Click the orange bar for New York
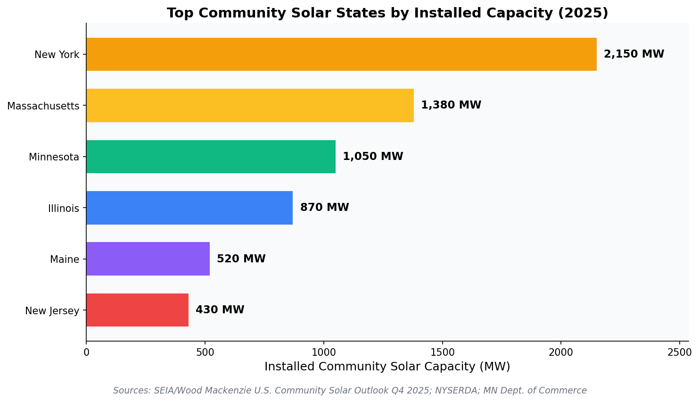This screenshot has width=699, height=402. click(x=341, y=54)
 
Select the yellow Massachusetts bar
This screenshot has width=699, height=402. click(x=250, y=105)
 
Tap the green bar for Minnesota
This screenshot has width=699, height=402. click(x=211, y=157)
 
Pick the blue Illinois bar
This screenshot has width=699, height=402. click(x=189, y=208)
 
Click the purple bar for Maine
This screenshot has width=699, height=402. click(x=148, y=259)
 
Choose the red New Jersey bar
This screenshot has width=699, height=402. click(x=137, y=310)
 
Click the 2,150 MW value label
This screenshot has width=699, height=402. click(x=633, y=54)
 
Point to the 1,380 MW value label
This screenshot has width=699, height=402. click(x=451, y=105)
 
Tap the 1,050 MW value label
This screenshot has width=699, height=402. click(x=372, y=157)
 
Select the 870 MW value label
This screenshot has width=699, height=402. click(x=324, y=208)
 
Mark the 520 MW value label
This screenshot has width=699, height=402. click(x=241, y=259)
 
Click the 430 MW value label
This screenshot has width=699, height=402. click(x=220, y=310)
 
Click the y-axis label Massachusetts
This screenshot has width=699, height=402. click(x=43, y=106)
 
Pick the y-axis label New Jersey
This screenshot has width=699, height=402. click(x=52, y=311)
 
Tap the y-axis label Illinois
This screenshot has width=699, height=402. click(x=64, y=209)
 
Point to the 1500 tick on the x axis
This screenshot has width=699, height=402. click(x=442, y=352)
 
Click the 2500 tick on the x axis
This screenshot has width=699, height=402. click(x=680, y=352)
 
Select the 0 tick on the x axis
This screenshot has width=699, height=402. click(x=86, y=352)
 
